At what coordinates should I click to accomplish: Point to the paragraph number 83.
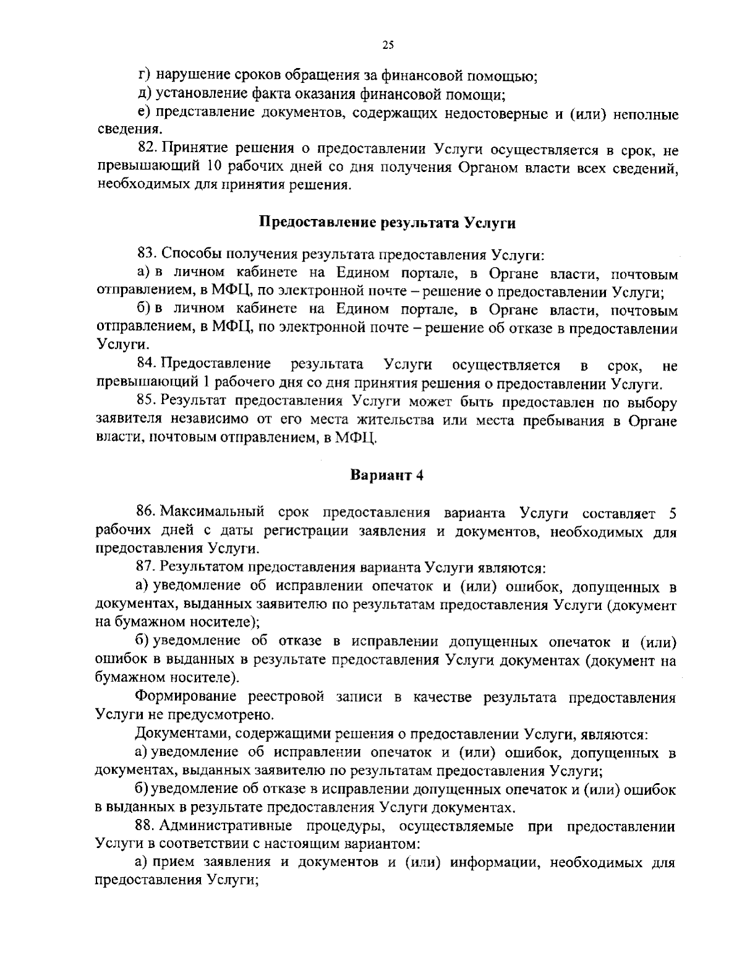146,254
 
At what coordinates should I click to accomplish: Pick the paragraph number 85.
146,403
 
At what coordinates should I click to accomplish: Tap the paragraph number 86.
146,512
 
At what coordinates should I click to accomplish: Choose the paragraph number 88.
146,826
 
